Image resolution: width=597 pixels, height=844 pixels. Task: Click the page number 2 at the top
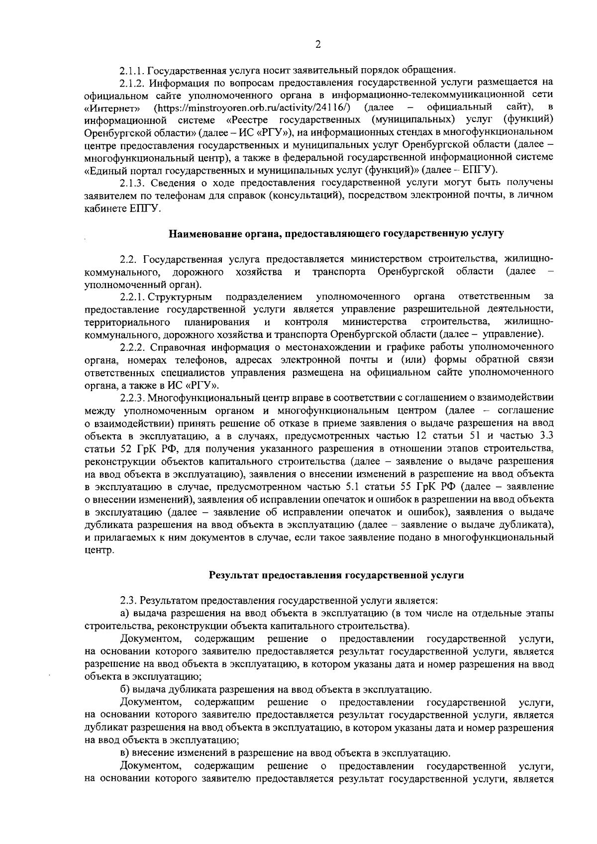tap(318, 45)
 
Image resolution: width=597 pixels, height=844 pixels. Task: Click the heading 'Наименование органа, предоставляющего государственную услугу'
tap(336, 233)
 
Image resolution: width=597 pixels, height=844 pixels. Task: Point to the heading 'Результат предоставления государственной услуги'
tap(336, 575)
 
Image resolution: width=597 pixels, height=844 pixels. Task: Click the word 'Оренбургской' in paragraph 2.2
tap(410, 272)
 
